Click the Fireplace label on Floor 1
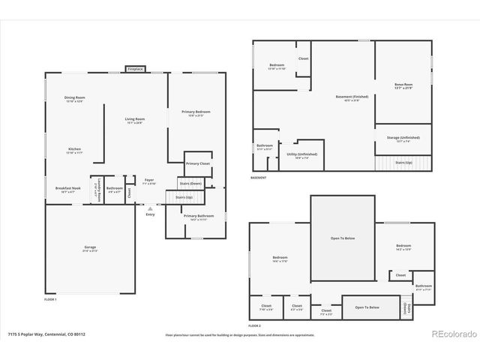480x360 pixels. (135, 69)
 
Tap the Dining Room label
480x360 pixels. (73, 98)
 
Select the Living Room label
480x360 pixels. (135, 119)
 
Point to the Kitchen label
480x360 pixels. (74, 149)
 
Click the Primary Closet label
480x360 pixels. (198, 163)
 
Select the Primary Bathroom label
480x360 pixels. (194, 216)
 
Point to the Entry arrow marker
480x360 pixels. (150, 208)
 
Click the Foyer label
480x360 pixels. (149, 179)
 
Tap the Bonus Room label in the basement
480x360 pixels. (403, 85)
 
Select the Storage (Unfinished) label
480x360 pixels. (403, 137)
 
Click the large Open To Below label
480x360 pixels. (342, 239)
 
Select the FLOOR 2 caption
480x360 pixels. (255, 325)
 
